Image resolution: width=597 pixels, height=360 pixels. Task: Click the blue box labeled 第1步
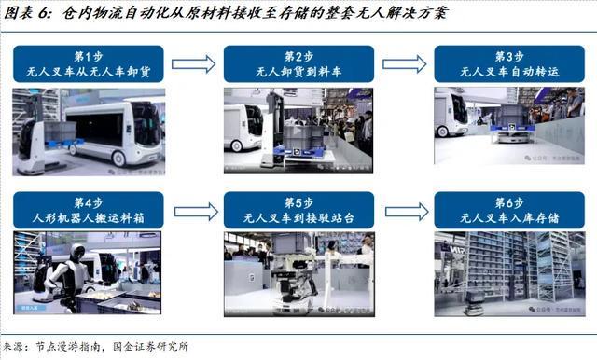pyautogui.click(x=89, y=64)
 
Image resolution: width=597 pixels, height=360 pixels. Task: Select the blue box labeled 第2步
pyautogui.click(x=298, y=64)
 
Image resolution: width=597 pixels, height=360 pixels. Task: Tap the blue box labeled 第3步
pyautogui.click(x=509, y=64)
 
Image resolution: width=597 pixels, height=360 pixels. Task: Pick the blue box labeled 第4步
pyautogui.click(x=89, y=211)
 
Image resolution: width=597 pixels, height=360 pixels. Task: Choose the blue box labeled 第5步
pyautogui.click(x=298, y=211)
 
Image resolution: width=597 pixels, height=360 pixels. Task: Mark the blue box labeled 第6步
pyautogui.click(x=509, y=211)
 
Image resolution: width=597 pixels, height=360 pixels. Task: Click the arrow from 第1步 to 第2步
pyautogui.click(x=193, y=64)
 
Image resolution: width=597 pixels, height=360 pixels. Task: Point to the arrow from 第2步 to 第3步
pyautogui.click(x=404, y=64)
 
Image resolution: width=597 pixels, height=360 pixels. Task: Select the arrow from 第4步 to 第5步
pyautogui.click(x=193, y=211)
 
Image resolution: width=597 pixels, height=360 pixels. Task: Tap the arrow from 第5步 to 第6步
pyautogui.click(x=404, y=211)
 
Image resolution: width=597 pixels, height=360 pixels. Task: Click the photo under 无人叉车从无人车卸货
pyautogui.click(x=89, y=132)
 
